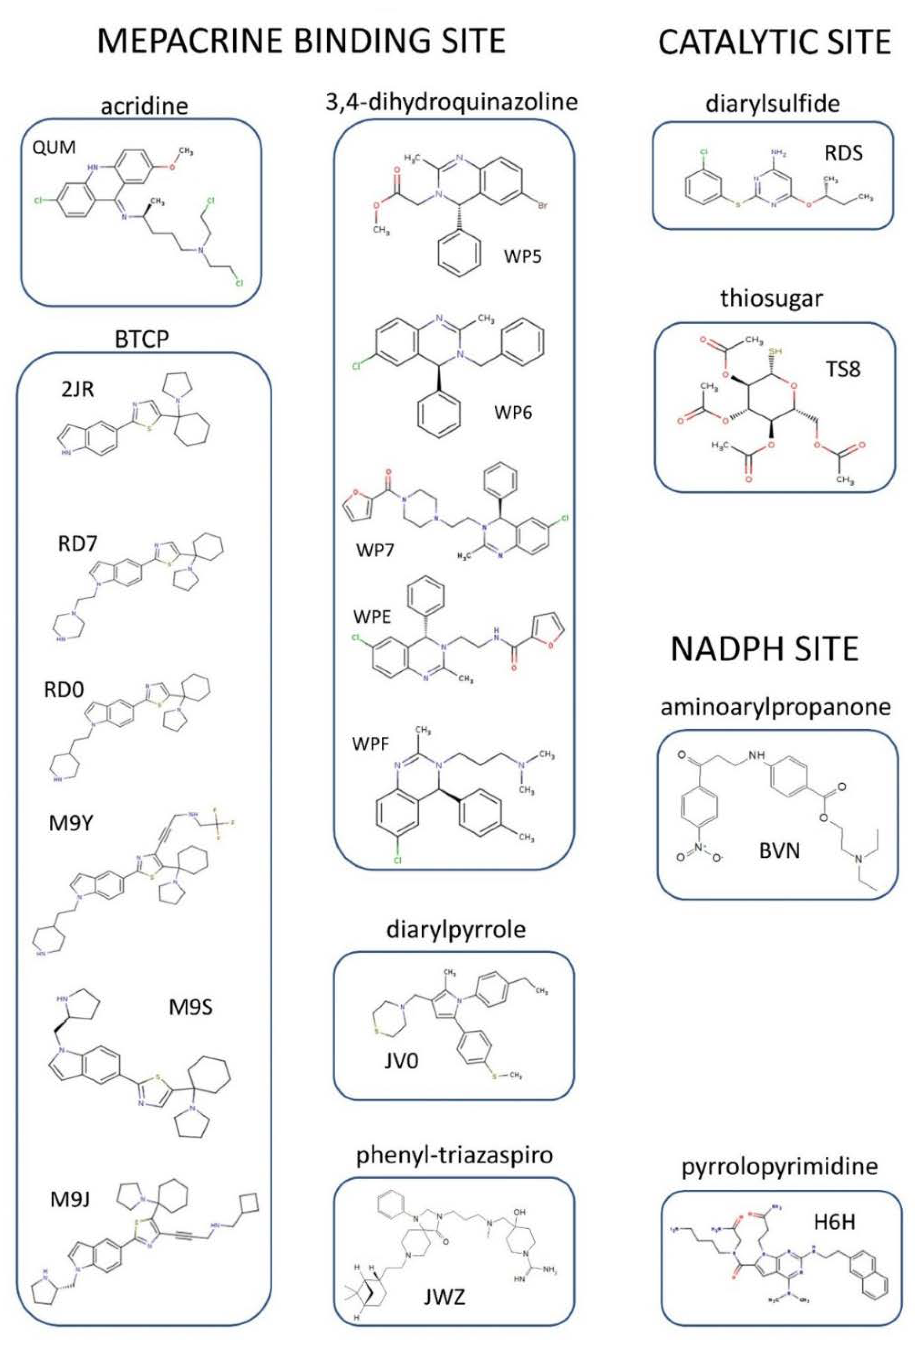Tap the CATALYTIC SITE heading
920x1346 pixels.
[774, 42]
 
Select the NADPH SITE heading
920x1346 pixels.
[764, 649]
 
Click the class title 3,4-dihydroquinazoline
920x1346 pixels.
[452, 102]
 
